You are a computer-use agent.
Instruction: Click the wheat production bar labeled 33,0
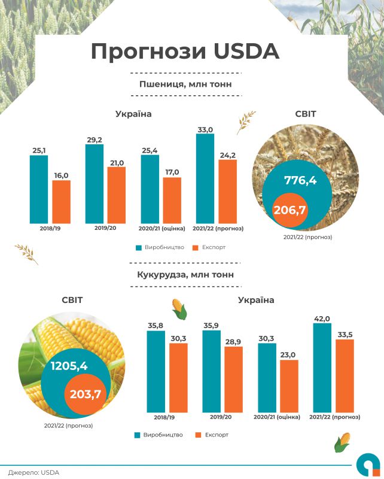(x=205, y=178)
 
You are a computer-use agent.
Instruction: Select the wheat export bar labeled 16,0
(x=61, y=201)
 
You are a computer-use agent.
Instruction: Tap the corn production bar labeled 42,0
(x=321, y=367)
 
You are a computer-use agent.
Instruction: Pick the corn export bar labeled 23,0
(x=289, y=385)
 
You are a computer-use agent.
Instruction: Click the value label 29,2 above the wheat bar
(x=95, y=140)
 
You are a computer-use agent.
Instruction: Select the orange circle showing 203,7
(x=84, y=393)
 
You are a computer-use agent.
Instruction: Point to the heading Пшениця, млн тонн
(x=185, y=85)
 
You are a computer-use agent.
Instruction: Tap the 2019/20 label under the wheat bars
(x=105, y=228)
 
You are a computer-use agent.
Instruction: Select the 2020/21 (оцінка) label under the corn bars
(x=276, y=416)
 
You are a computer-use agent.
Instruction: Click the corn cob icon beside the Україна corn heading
(x=179, y=309)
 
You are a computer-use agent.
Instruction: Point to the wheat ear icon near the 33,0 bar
(x=245, y=122)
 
